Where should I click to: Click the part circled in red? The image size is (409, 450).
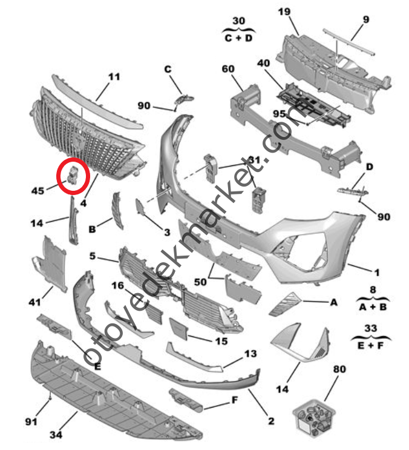(73, 174)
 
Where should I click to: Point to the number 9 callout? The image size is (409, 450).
(366, 19)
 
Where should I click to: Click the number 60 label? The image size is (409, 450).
(227, 70)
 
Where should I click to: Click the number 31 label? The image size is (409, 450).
(254, 160)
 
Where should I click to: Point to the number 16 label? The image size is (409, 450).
(117, 286)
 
